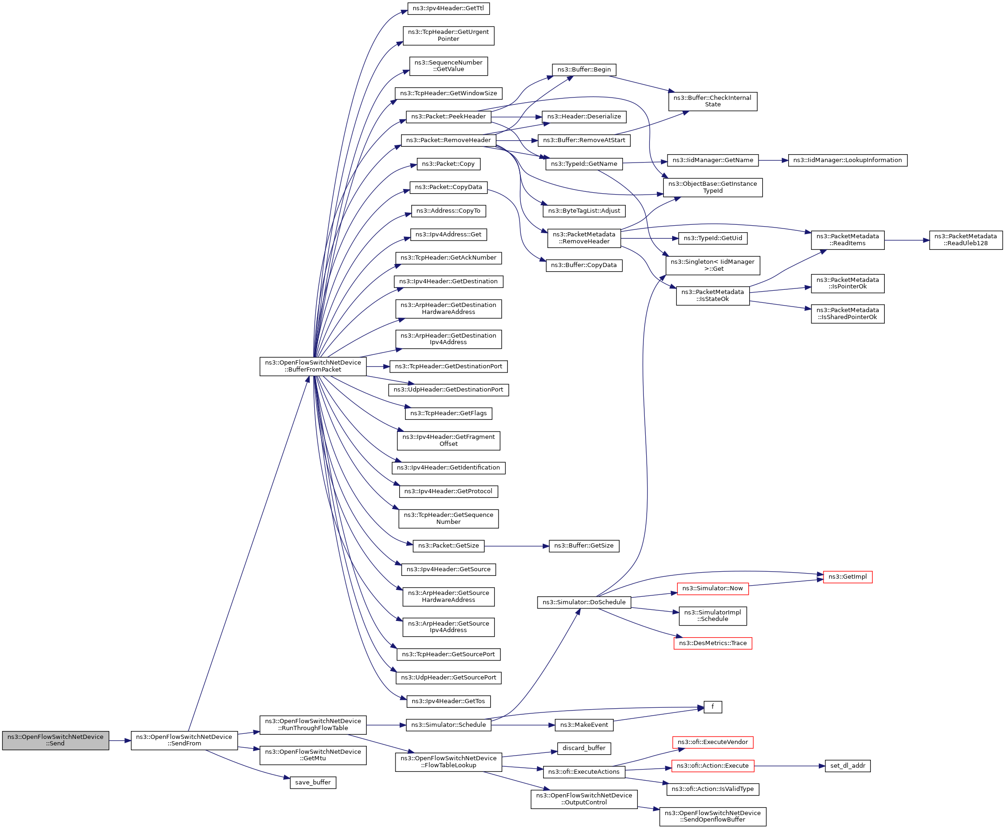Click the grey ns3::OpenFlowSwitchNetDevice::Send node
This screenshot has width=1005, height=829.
[x=55, y=740]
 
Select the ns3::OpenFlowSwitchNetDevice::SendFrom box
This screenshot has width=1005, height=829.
[x=184, y=740]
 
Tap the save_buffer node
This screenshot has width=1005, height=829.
[x=312, y=782]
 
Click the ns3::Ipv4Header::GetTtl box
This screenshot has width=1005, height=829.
[x=448, y=9]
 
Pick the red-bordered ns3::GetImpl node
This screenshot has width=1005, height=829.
[x=848, y=577]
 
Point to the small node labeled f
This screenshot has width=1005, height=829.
[x=713, y=707]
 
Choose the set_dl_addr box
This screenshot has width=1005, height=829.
[x=848, y=765]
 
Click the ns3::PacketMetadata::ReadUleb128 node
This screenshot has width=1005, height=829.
[x=966, y=240]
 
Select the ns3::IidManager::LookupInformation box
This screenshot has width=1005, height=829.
[x=848, y=160]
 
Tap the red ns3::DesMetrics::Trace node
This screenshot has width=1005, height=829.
[x=713, y=643]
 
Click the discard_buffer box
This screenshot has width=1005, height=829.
[x=584, y=748]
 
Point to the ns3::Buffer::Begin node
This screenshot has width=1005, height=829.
[x=584, y=70]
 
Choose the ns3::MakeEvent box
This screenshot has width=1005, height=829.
[x=584, y=725]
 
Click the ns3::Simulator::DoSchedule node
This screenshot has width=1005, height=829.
[x=584, y=602]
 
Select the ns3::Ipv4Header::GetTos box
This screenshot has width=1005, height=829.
[x=448, y=701]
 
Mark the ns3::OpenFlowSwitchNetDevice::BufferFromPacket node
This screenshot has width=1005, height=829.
[x=312, y=366]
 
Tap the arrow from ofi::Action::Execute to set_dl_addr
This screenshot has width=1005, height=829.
[x=789, y=766]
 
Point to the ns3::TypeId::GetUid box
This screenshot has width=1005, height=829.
[x=713, y=238]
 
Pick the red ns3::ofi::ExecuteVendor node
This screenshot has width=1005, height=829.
[x=713, y=742]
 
